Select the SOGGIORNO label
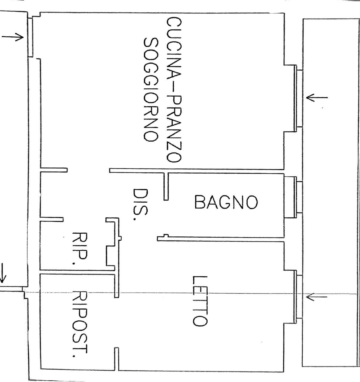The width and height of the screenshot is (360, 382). pos(151,90)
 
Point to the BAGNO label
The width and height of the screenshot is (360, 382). pos(226,202)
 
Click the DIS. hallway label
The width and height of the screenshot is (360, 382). pos(140,205)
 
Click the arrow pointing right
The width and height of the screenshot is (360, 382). pos(13,37)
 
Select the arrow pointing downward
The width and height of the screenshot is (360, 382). pos(2,273)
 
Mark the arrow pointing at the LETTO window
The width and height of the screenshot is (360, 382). pos(317,297)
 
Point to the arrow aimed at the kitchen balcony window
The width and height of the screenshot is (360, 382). pos(317,98)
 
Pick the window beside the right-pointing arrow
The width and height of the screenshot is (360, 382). pos(30,37)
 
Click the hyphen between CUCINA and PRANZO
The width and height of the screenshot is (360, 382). pos(174,87)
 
